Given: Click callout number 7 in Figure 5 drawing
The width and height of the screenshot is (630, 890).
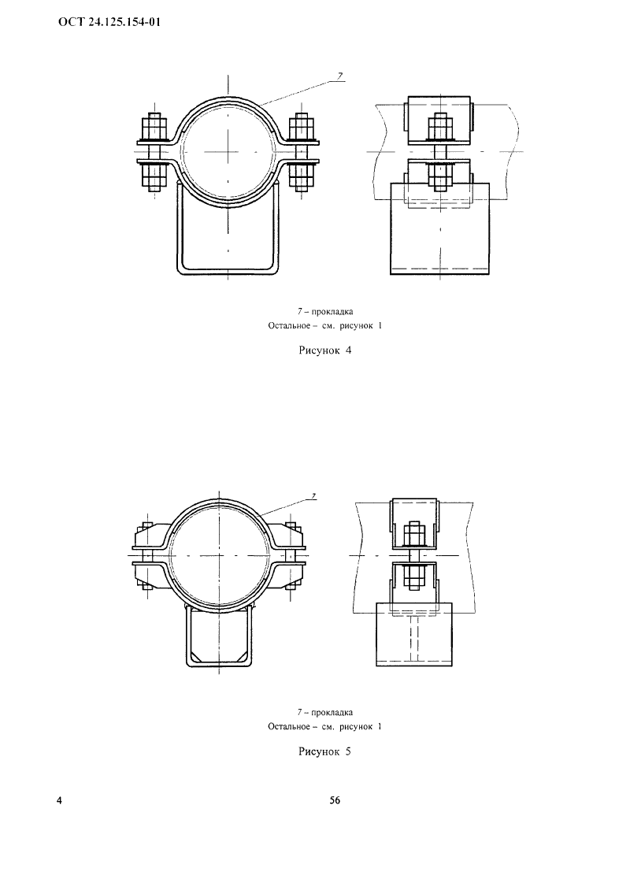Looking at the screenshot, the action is click(x=314, y=497).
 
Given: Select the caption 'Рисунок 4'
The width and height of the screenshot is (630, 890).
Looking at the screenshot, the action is click(x=324, y=350).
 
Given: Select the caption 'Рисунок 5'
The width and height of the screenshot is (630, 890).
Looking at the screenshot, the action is click(x=324, y=751).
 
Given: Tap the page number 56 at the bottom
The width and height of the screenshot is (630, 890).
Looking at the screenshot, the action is click(x=335, y=800).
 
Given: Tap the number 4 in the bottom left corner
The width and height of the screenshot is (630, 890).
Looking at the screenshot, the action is click(x=60, y=800).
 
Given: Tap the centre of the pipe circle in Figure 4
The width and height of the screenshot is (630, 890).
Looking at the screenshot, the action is click(x=228, y=151).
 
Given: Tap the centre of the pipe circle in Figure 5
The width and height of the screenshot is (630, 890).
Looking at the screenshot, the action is click(x=219, y=554).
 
